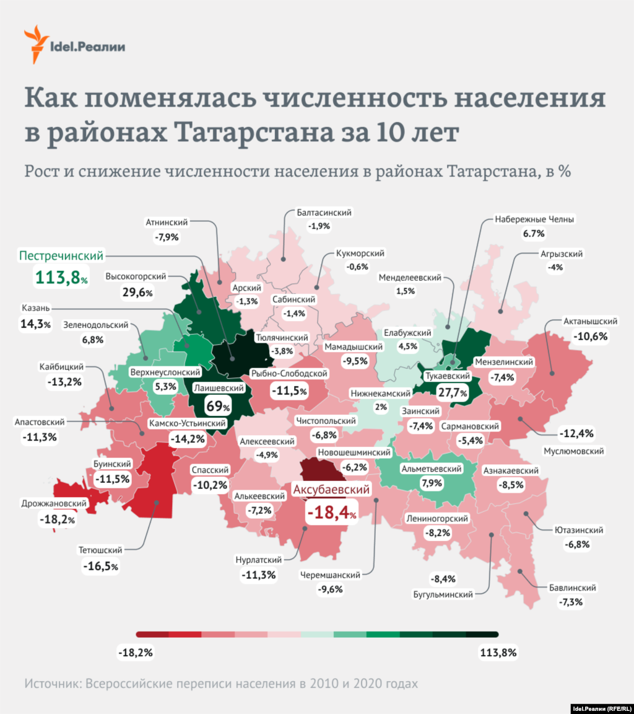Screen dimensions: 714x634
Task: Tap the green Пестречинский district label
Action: click(61, 255)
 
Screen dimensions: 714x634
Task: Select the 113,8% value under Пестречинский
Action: click(61, 277)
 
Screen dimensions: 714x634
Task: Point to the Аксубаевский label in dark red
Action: click(331, 490)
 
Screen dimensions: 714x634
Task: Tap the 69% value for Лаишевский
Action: click(218, 407)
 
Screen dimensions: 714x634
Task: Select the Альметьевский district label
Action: click(432, 469)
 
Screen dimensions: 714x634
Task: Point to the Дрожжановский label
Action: click(53, 503)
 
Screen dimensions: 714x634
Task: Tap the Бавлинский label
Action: click(572, 588)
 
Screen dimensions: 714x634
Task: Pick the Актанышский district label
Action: click(591, 322)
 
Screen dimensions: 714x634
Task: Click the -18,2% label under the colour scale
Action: click(134, 653)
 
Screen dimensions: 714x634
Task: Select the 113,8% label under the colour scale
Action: click(498, 653)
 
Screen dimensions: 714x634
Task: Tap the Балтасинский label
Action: click(324, 213)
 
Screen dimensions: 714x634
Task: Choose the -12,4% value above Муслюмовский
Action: click(576, 433)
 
